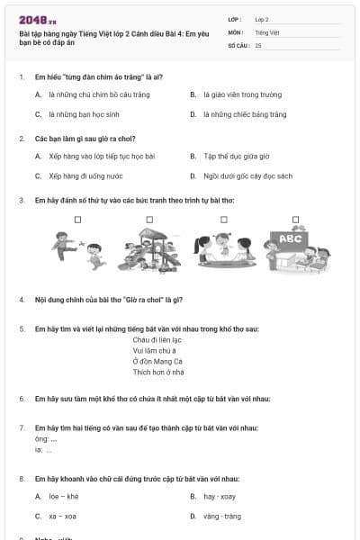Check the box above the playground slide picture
[x=149, y=219]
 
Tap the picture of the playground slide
[x=149, y=247]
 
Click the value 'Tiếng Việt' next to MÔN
[x=267, y=31]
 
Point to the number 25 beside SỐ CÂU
[x=258, y=44]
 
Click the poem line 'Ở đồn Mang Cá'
[x=157, y=361]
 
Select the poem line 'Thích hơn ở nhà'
[x=158, y=371]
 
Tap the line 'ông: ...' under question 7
[x=46, y=439]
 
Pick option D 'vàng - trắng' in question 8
[x=221, y=516]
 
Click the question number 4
[x=21, y=298]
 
